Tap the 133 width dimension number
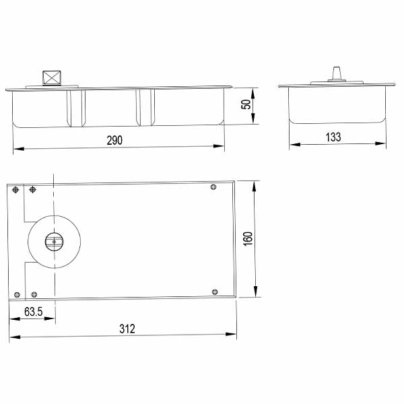pos(333,137)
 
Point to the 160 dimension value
pos(247,239)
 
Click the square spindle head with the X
pos(51,77)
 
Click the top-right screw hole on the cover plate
pos(213,187)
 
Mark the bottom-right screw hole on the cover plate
pos(215,291)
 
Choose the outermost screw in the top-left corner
pos(15,190)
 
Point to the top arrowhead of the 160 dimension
pos(256,184)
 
